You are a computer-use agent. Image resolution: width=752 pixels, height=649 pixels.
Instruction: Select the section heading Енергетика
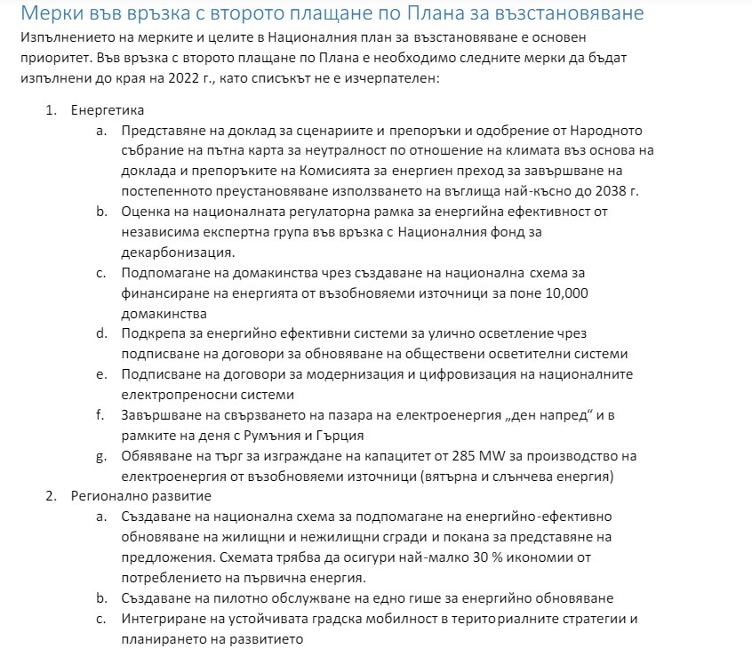click(108, 111)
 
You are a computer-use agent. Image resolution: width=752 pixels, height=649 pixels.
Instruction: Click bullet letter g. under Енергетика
click(100, 456)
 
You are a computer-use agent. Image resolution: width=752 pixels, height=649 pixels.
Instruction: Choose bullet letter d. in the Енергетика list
click(100, 333)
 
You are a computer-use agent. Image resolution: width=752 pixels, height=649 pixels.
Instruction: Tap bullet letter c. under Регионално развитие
click(100, 618)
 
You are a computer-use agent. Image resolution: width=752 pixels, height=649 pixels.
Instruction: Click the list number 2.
click(51, 495)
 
